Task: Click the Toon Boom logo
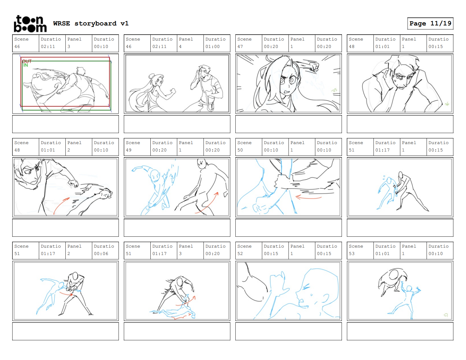coord(30,24)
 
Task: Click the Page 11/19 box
coord(430,23)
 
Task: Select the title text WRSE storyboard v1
coord(91,23)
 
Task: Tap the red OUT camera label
coord(27,61)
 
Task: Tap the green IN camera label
coord(25,65)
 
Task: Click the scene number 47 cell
coord(248,43)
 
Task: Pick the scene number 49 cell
coord(137,147)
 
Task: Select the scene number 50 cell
coord(248,147)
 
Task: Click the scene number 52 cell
coord(248,250)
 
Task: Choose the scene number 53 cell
coord(360,250)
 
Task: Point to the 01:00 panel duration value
coord(212,46)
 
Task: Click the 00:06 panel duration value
coord(101,254)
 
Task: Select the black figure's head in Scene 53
coord(394,274)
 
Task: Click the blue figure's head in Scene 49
coord(155,175)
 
